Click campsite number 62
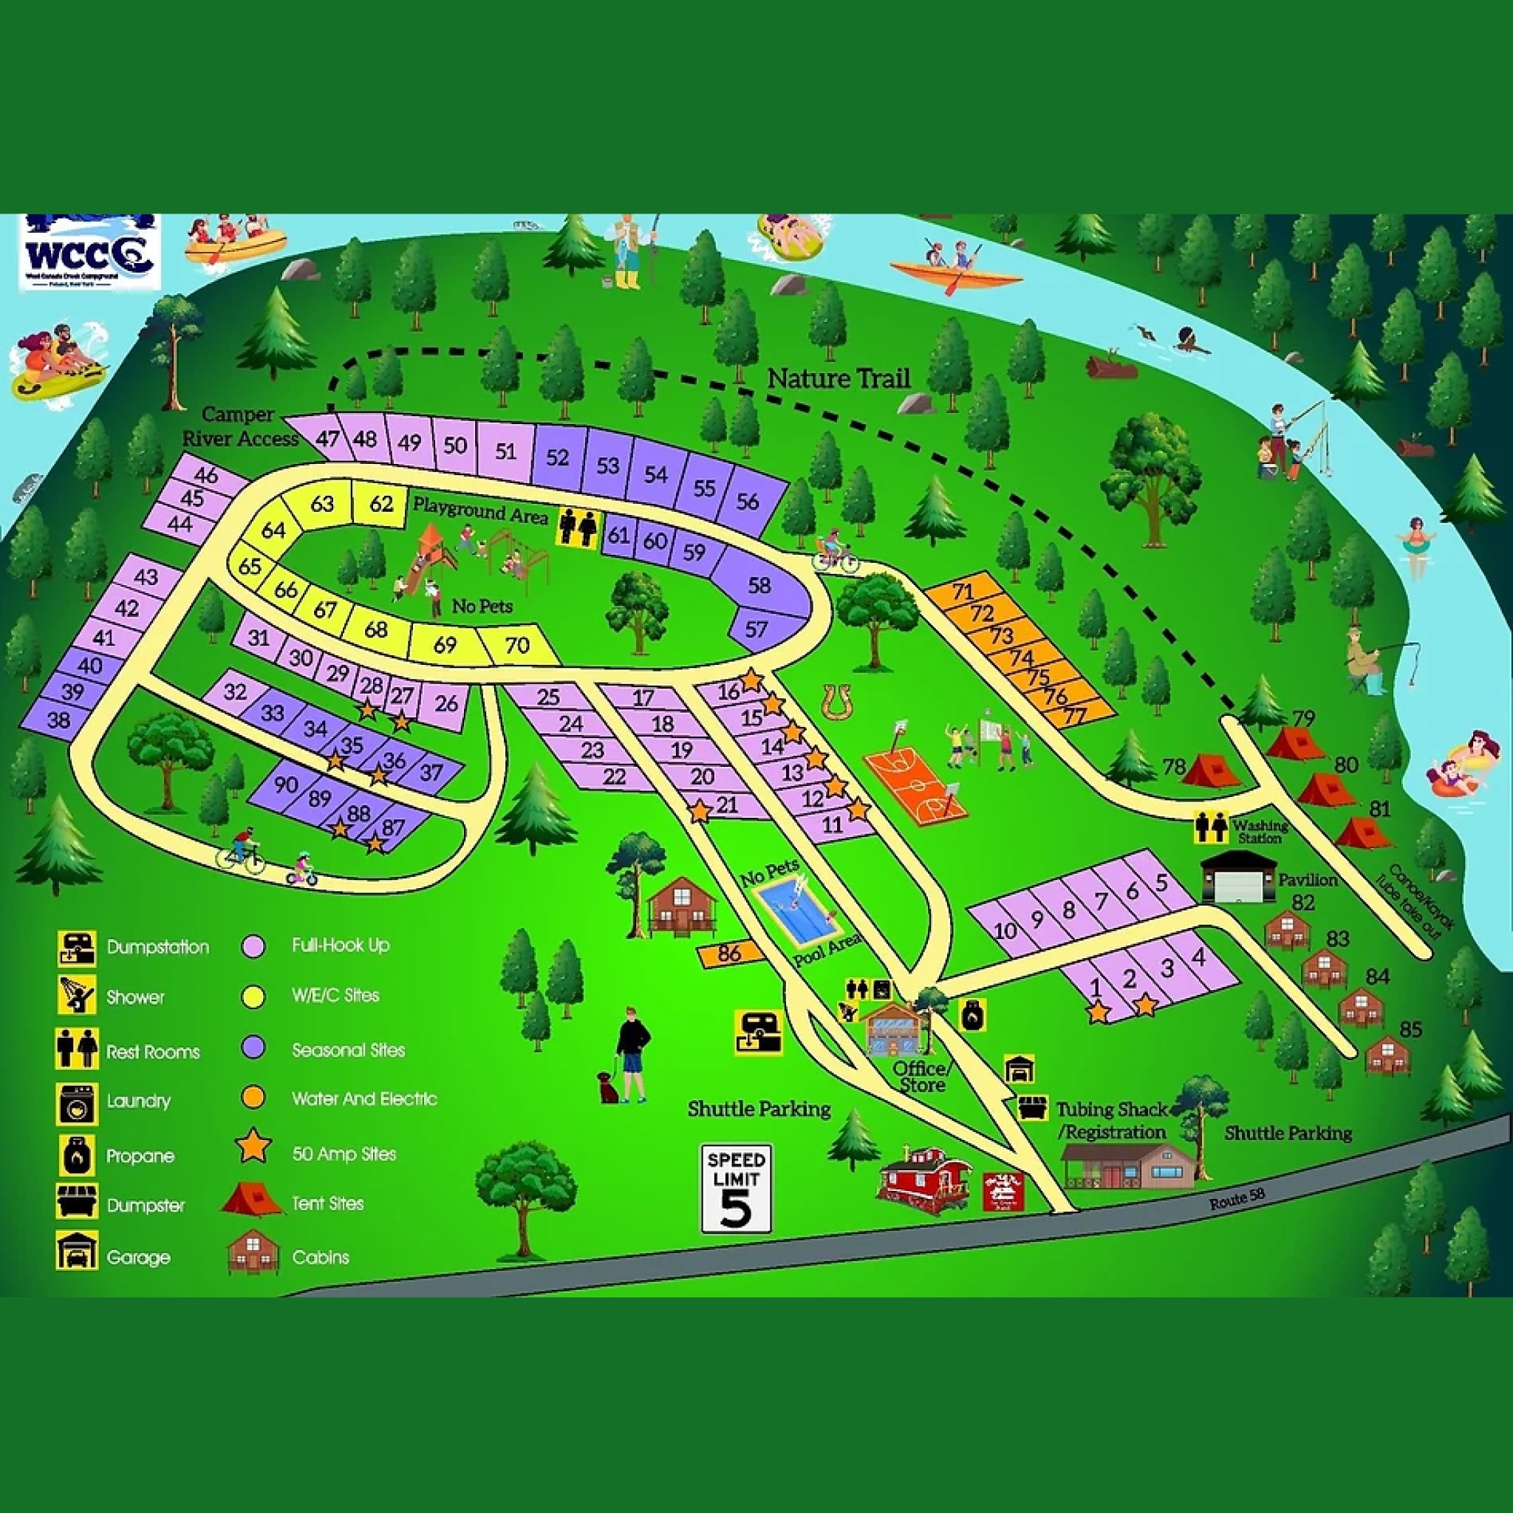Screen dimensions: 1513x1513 380,503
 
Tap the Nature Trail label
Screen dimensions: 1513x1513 838,378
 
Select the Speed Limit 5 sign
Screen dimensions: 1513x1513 735,1188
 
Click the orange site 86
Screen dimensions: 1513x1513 729,953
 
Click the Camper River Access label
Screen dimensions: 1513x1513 239,427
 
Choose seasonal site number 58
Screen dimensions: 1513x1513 758,585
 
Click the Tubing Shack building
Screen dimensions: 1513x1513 1127,1166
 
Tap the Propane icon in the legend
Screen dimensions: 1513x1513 77,1155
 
